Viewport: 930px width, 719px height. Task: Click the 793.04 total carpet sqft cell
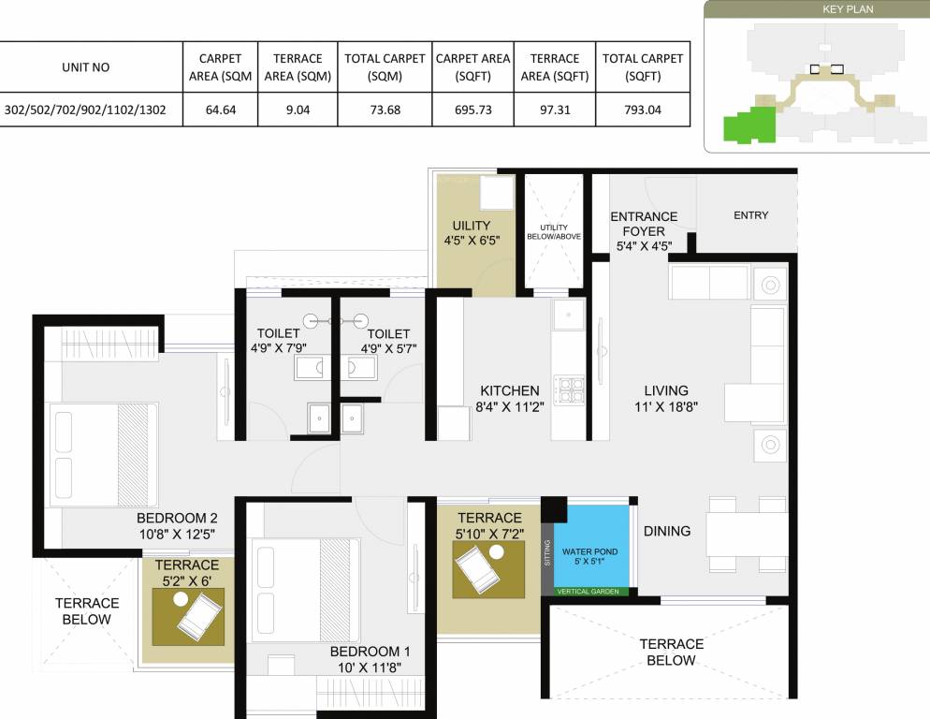(x=642, y=110)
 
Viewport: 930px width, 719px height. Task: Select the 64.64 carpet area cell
(x=221, y=110)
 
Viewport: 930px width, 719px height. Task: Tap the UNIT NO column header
(x=86, y=67)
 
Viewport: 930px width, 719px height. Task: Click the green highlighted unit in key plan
(x=749, y=125)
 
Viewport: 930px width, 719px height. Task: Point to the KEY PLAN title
(x=817, y=8)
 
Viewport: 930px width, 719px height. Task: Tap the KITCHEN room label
(x=509, y=390)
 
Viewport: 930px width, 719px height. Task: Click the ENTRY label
(x=750, y=215)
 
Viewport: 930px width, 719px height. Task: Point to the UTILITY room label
(x=472, y=227)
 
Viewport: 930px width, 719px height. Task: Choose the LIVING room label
(x=665, y=390)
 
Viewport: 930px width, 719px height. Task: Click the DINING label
(x=667, y=531)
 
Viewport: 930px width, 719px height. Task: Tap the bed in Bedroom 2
(x=99, y=455)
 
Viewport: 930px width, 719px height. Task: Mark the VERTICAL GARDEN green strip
(x=587, y=592)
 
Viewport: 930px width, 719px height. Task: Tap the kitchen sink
(x=568, y=315)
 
